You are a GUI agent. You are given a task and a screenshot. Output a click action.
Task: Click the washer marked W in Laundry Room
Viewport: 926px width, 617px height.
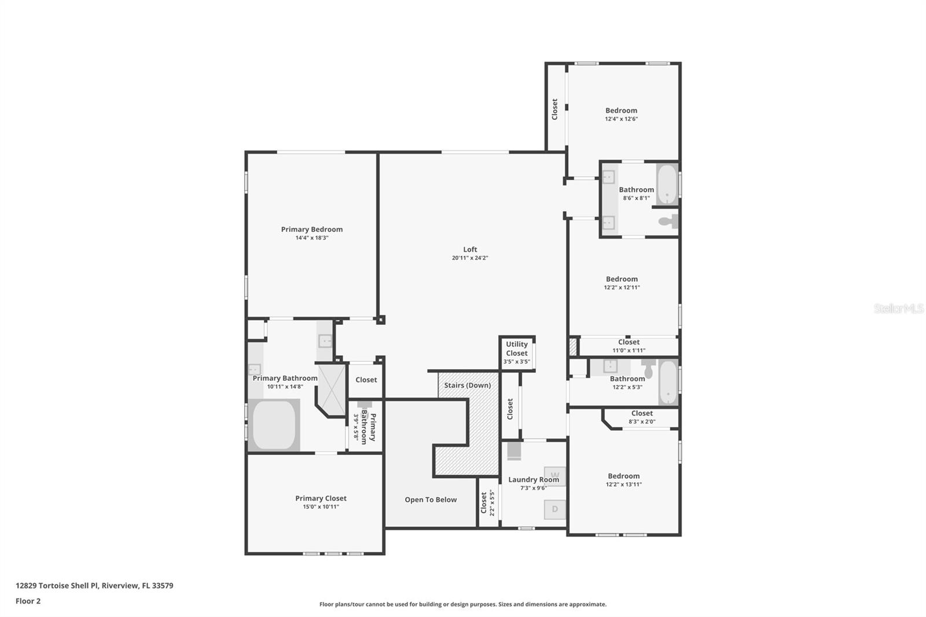[x=555, y=476]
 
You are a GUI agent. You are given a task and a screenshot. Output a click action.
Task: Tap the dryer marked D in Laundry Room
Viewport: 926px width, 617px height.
[x=555, y=509]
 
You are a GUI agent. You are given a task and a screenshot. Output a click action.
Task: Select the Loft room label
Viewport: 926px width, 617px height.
[x=470, y=249]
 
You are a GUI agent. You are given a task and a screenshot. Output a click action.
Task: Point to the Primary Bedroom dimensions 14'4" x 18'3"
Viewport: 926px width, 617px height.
[x=312, y=238]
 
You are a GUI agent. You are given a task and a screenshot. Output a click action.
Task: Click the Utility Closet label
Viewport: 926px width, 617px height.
[x=517, y=348]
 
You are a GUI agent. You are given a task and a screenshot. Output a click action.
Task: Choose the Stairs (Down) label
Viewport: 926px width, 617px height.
[x=468, y=385]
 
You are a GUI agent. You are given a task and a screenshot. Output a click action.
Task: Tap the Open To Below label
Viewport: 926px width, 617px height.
[x=431, y=500]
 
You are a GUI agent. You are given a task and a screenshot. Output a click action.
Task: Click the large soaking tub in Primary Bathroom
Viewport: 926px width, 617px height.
[x=274, y=425]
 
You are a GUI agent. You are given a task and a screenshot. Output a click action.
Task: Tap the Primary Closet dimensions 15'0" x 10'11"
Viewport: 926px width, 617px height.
[x=321, y=506]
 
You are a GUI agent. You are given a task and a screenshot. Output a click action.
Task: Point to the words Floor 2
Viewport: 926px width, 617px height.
[x=28, y=601]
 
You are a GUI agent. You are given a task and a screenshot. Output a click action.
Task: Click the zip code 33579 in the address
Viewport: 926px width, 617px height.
[x=163, y=586]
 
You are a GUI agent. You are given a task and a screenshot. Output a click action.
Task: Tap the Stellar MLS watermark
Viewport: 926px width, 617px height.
[x=899, y=308]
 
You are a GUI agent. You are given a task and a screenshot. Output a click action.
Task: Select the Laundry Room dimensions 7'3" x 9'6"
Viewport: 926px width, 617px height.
[x=534, y=488]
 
